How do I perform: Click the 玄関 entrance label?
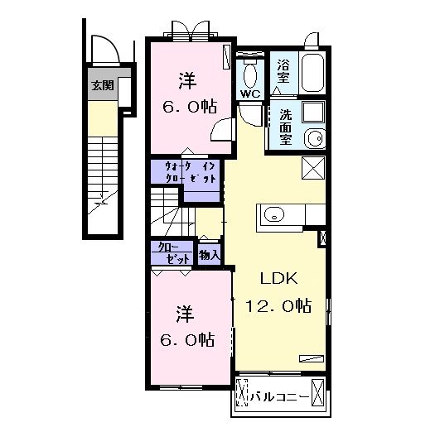tap(103, 85)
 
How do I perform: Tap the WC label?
tap(250, 94)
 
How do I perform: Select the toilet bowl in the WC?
tap(250, 75)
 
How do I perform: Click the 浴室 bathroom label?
tap(283, 71)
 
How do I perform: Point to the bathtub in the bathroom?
tap(313, 72)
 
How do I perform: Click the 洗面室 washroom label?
tap(285, 127)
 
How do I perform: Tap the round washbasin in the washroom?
tap(315, 138)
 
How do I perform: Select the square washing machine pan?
tap(313, 112)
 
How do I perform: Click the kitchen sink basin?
tap(274, 214)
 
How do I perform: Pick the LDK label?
tap(278, 279)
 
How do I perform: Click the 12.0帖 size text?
tap(278, 305)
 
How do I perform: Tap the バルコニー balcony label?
tap(279, 397)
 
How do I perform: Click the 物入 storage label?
tap(210, 255)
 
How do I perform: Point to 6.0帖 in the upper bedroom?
tap(190, 107)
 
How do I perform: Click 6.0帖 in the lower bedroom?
tap(187, 339)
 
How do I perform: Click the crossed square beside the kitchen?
tap(313, 167)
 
